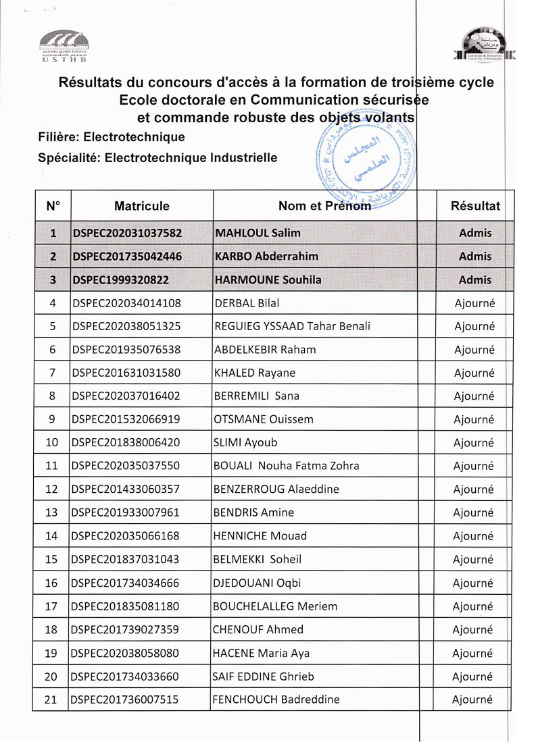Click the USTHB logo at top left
click(x=64, y=46)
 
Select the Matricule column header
click(x=141, y=206)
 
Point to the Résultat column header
click(x=475, y=206)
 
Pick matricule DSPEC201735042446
click(x=127, y=257)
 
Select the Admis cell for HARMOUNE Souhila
click(x=475, y=280)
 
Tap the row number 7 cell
click(x=53, y=373)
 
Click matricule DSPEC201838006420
click(x=126, y=443)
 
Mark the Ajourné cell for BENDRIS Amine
click(x=474, y=512)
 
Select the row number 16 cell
click(x=51, y=583)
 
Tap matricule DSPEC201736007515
click(x=125, y=699)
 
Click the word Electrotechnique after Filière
click(x=134, y=137)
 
